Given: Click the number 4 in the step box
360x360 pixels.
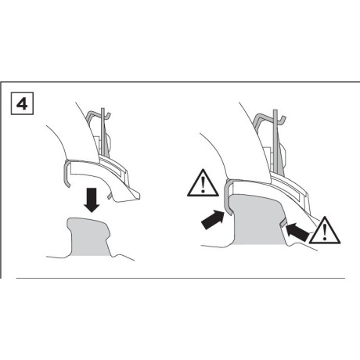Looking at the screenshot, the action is tap(22, 103).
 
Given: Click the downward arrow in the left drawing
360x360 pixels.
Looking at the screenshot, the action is tap(92, 200).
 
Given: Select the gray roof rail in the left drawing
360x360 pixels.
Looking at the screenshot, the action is tap(89, 236).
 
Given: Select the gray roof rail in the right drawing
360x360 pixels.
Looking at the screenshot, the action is tap(257, 220).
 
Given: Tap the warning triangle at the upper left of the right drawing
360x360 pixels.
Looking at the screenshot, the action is tap(203, 183).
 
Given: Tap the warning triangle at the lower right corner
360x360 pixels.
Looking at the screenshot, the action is tap(325, 230).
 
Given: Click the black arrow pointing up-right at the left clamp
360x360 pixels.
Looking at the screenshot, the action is tap(214, 219).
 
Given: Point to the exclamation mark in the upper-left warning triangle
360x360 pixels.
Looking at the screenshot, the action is tap(203, 184).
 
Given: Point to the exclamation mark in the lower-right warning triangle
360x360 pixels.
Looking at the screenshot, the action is tap(325, 232).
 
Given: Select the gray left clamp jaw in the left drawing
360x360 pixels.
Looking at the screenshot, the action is tap(67, 173).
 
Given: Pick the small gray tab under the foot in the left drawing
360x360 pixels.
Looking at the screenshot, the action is tap(110, 195).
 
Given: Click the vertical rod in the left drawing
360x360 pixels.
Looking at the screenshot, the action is tap(103, 133).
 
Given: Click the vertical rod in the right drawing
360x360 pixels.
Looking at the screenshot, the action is tap(275, 141).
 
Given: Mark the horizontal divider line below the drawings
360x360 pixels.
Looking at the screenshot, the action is tap(181, 278).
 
